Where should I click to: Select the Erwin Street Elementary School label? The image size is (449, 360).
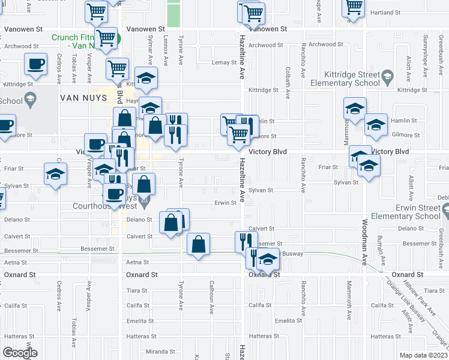406,212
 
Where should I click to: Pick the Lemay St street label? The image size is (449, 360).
224,62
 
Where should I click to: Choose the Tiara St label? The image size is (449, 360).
137,290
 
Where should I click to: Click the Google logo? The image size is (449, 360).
20,352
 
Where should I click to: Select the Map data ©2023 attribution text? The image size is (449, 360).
423,355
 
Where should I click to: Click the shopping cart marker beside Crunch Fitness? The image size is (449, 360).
106,38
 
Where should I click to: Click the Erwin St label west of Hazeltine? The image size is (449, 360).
226,203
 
